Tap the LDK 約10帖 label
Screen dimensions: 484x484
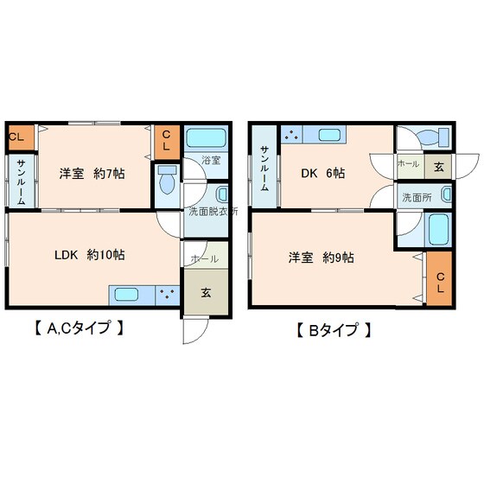tap(90, 254)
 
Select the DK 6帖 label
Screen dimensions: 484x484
tap(322, 174)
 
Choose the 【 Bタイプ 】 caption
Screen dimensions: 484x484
tap(333, 329)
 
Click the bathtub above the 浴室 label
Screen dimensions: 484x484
tap(206, 138)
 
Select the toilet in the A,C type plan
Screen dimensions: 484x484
tap(167, 182)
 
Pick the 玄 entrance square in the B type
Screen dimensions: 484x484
tap(439, 166)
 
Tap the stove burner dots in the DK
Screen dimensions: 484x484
tap(291, 135)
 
